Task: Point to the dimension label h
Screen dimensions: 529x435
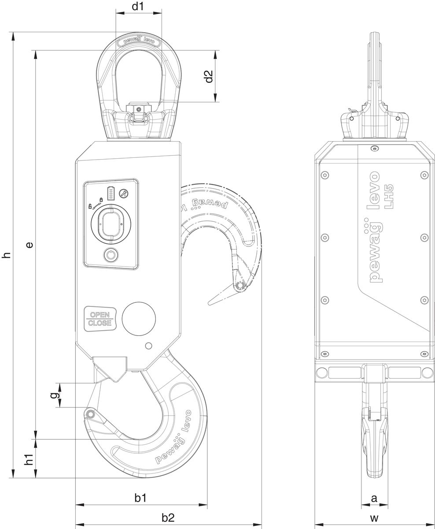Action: (x=6, y=255)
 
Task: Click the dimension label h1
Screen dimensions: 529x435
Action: (x=29, y=459)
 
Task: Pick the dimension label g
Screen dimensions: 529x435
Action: (x=54, y=395)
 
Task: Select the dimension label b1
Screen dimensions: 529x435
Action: (x=140, y=498)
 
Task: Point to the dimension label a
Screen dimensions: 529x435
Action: (x=374, y=499)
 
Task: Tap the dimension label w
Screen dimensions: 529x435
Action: (x=374, y=518)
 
